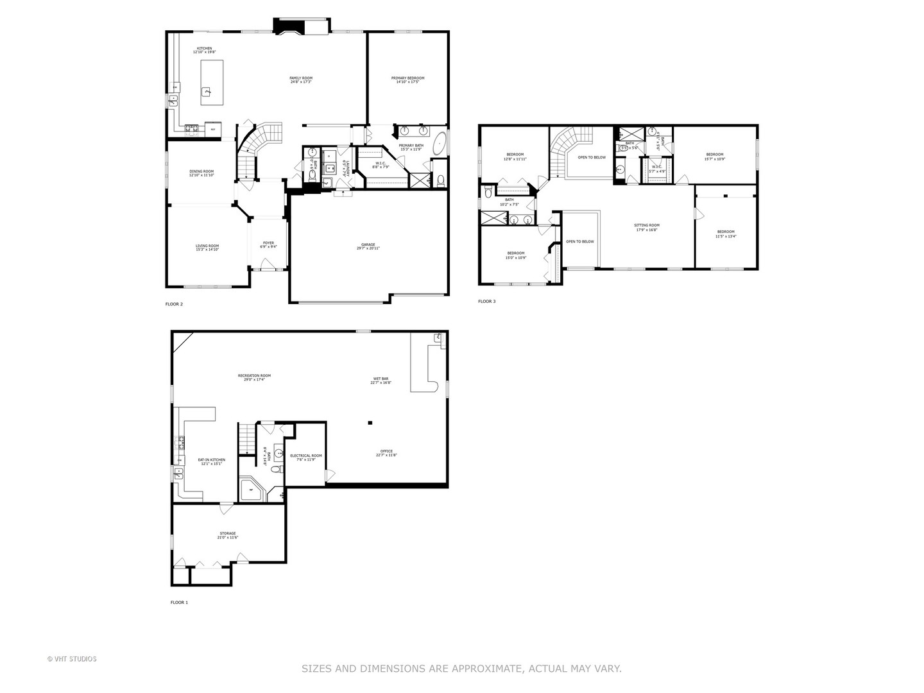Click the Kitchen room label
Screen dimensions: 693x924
click(x=204, y=50)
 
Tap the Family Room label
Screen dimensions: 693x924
click(x=300, y=80)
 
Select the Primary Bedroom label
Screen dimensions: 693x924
click(x=407, y=80)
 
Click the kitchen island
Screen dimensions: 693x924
click(x=212, y=82)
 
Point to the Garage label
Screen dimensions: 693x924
click(x=368, y=246)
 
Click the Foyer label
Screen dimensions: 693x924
click(x=268, y=244)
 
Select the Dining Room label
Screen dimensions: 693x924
click(x=201, y=173)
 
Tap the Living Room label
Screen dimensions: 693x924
click(x=207, y=247)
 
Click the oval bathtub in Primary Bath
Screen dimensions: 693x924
click(x=440, y=143)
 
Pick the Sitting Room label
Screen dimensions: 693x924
click(x=647, y=227)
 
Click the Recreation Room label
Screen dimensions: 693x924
click(x=254, y=377)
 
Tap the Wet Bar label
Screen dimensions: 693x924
click(x=381, y=380)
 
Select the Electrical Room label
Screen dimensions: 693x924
click(x=306, y=457)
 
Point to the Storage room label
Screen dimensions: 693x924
click(x=228, y=535)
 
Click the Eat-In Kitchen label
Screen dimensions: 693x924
click(x=211, y=461)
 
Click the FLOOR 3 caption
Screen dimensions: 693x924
click(x=486, y=301)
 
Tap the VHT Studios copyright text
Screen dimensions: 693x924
click(x=72, y=659)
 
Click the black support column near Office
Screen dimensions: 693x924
click(x=370, y=423)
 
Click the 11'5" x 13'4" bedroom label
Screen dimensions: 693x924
click(x=726, y=233)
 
